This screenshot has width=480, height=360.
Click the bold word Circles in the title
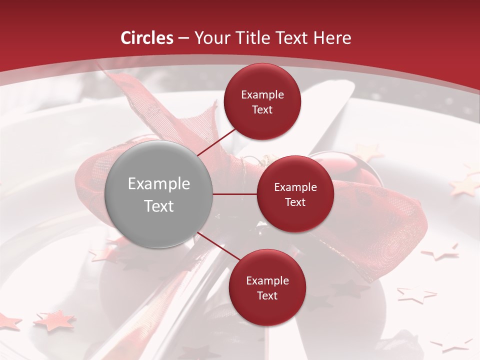pos(147,38)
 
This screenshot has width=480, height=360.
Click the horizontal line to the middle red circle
pos(235,194)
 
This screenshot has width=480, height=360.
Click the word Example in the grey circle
pos(159,184)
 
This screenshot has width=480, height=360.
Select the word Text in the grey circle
pos(159,206)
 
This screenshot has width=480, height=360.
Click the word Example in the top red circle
pos(262,95)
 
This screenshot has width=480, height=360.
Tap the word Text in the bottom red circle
pos(267,295)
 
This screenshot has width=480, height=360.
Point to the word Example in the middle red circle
pos(295,187)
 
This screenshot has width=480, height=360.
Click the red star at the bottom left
pos(54,320)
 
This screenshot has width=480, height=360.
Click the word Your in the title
pos(209,38)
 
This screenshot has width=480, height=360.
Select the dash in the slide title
pos(183,38)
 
